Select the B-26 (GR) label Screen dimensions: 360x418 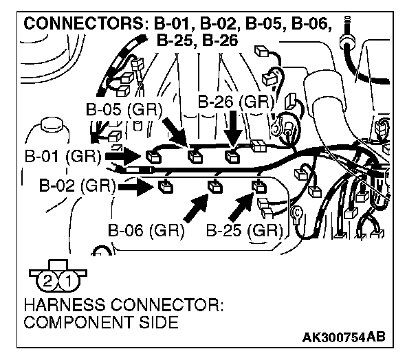click(x=236, y=101)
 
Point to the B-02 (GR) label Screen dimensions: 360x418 click(x=75, y=185)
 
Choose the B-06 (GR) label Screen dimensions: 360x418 click(x=145, y=229)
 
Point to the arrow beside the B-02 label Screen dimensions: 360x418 click(x=135, y=185)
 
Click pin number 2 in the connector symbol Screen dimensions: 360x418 click(x=47, y=279)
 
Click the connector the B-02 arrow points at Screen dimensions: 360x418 click(x=165, y=184)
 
